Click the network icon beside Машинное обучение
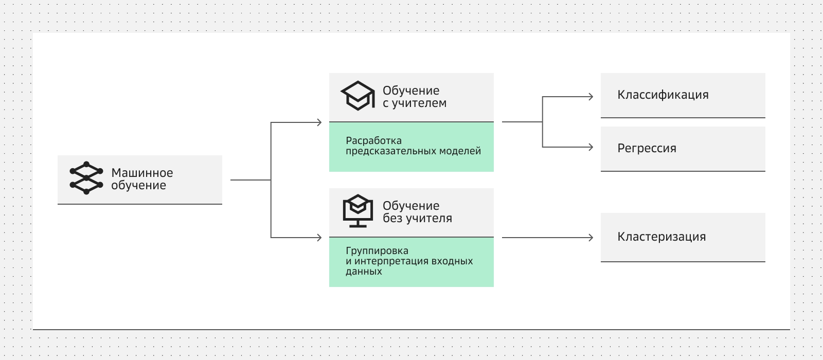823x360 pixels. [86, 178]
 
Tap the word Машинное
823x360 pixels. [142, 173]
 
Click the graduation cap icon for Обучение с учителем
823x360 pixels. [357, 96]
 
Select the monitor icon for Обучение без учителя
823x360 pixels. [357, 211]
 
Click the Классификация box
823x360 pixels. [683, 95]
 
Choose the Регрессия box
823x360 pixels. [683, 149]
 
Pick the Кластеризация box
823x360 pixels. [683, 237]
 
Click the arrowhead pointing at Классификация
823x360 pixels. [591, 96]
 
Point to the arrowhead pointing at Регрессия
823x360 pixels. [591, 147]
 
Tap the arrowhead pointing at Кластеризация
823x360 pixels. [591, 238]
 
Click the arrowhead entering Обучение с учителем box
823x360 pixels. [319, 122]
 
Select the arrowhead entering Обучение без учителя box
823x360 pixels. [319, 238]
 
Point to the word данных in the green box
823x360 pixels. [364, 272]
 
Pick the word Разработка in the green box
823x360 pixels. [373, 141]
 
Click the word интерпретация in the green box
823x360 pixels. [391, 261]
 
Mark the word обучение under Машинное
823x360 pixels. [138, 186]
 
